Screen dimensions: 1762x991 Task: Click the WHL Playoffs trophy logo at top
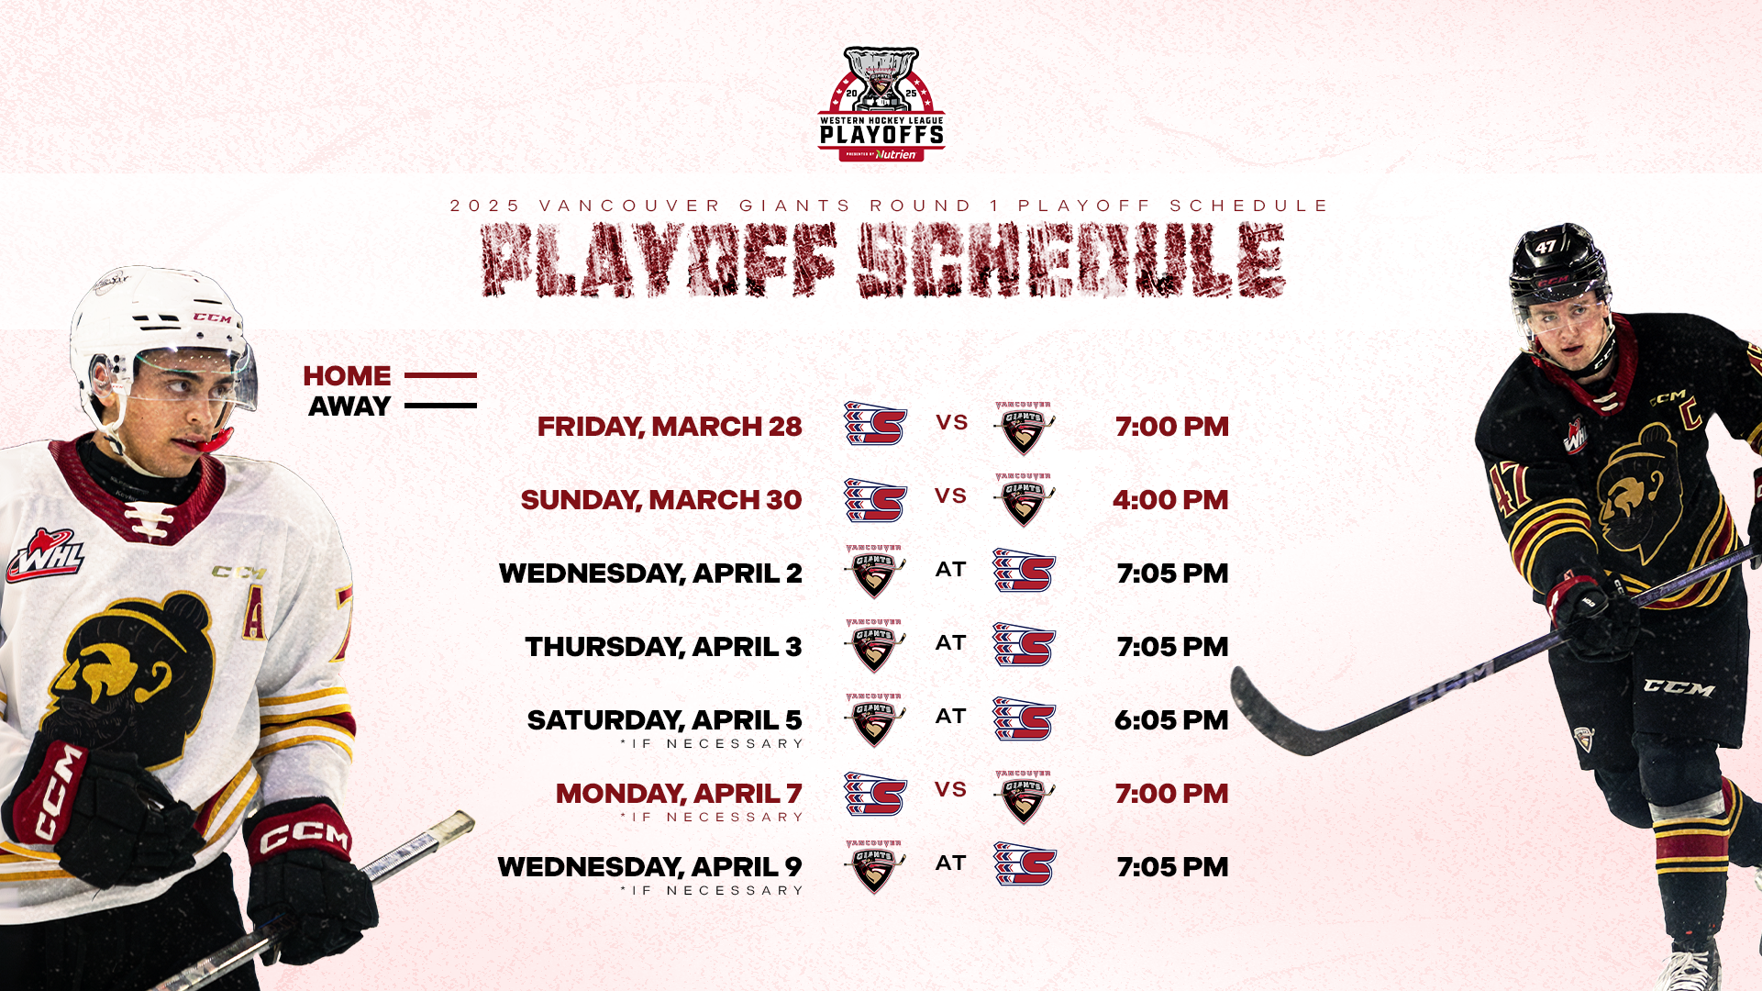click(x=881, y=105)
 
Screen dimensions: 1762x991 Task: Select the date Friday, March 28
click(x=670, y=427)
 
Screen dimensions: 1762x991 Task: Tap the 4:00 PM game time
click(x=1170, y=500)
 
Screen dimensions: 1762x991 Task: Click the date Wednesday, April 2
click(x=650, y=573)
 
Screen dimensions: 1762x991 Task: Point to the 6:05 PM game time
click(x=1171, y=720)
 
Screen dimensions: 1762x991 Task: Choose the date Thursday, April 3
click(x=663, y=647)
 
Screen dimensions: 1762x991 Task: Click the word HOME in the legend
click(x=347, y=376)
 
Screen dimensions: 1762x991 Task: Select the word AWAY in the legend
click(x=349, y=406)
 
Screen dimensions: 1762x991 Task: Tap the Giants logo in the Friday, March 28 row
click(x=1024, y=428)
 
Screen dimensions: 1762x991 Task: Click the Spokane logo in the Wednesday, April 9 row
click(x=1025, y=864)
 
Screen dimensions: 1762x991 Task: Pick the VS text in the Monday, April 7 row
click(x=951, y=790)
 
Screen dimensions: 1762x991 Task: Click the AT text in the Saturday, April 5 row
click(x=951, y=717)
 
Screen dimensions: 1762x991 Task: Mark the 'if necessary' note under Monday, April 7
click(x=713, y=818)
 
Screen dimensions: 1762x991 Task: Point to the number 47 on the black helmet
click(x=1546, y=247)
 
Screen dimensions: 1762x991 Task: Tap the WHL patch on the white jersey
click(x=44, y=556)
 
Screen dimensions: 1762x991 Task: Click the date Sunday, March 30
click(x=661, y=500)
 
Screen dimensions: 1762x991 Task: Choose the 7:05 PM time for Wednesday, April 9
click(x=1172, y=867)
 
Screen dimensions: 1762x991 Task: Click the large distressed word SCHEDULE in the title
click(x=1071, y=261)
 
